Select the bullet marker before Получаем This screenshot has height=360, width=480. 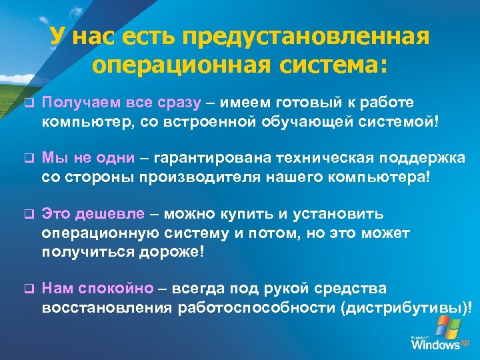click(28, 104)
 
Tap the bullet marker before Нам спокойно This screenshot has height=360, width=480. click(28, 290)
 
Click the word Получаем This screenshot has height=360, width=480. click(77, 103)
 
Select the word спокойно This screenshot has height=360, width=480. click(114, 289)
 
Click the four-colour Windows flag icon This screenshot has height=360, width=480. click(443, 326)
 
